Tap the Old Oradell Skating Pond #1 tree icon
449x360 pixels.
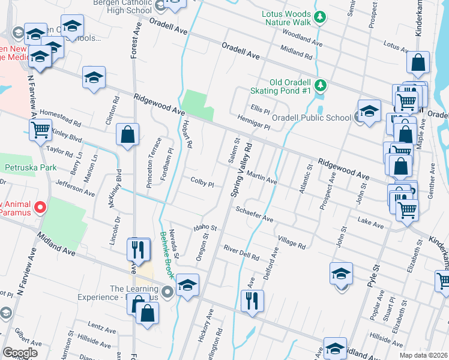coord(321,85)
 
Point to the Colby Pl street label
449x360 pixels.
coord(202,182)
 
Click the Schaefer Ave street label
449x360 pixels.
coord(255,215)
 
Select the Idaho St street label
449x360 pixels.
coord(205,227)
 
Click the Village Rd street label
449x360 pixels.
coord(292,242)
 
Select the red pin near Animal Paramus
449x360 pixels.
coord(40,208)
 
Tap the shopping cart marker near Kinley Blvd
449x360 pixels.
coord(40,129)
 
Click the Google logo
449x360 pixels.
coord(20,352)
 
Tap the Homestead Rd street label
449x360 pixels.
coord(60,117)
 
